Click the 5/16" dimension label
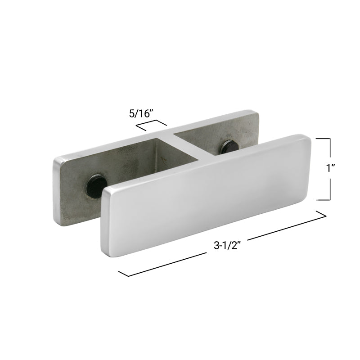(x=142, y=113)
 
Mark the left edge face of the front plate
(x=106, y=220)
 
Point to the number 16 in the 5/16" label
(x=146, y=113)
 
